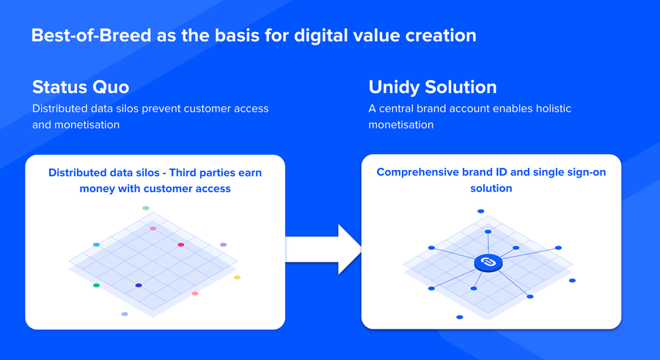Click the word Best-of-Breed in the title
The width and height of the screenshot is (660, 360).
click(x=91, y=35)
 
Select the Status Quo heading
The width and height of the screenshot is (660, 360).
click(x=81, y=87)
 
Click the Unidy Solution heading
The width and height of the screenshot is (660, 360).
click(x=432, y=87)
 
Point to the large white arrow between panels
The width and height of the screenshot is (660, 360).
click(x=323, y=249)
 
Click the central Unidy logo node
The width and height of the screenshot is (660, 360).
click(x=488, y=262)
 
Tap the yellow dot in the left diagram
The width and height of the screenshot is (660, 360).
click(x=237, y=277)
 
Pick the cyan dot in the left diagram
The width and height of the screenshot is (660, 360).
click(x=96, y=245)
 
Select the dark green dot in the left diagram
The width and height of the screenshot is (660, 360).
click(x=96, y=285)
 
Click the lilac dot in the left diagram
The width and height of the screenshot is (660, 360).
click(x=223, y=245)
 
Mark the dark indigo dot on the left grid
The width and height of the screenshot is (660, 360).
click(x=139, y=285)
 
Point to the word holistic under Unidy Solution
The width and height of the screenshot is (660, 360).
click(x=553, y=109)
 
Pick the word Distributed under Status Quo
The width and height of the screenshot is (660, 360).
click(x=60, y=109)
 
